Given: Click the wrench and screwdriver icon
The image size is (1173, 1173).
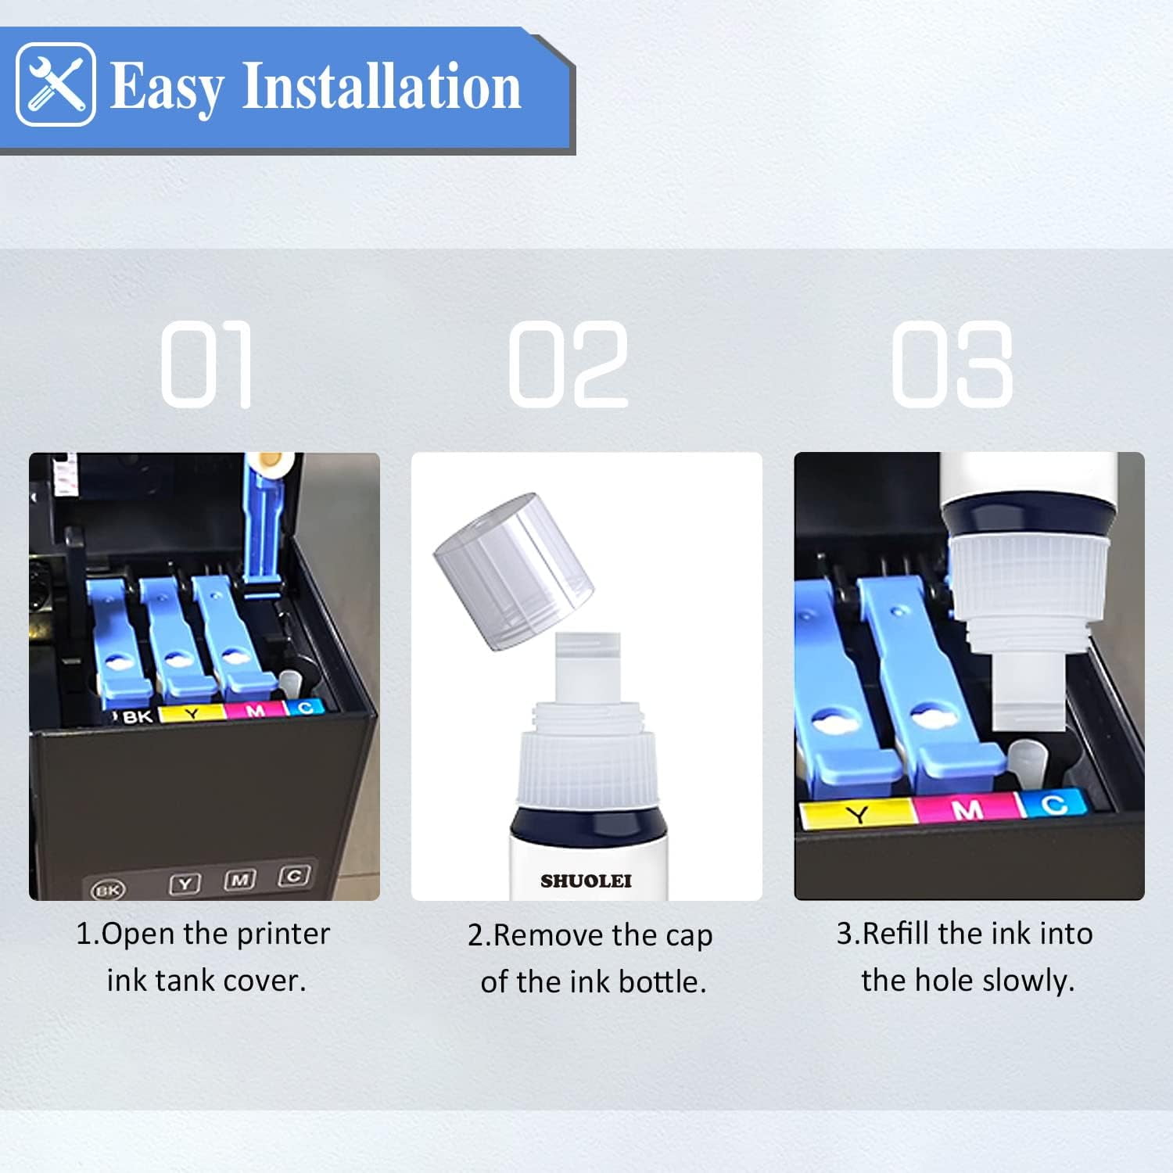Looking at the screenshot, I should pyautogui.click(x=56, y=84).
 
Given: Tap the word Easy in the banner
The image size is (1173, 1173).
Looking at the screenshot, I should pyautogui.click(x=167, y=88).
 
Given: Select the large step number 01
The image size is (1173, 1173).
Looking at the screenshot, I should pyautogui.click(x=206, y=364).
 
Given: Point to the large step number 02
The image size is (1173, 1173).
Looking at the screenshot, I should pyautogui.click(x=569, y=364).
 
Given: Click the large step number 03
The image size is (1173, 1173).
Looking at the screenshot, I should pyautogui.click(x=952, y=364).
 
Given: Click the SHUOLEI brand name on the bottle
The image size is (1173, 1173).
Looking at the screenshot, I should pyautogui.click(x=586, y=881).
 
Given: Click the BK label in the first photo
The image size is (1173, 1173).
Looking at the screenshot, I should pyautogui.click(x=138, y=716).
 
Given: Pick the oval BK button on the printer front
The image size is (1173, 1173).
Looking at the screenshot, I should pyautogui.click(x=107, y=890).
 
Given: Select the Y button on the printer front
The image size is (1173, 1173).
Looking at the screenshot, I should pyautogui.click(x=185, y=884).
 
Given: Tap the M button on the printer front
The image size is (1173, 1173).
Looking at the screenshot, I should pyautogui.click(x=240, y=880).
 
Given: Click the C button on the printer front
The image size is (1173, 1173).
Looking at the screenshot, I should pyautogui.click(x=294, y=876).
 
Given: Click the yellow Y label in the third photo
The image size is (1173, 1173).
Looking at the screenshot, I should pyautogui.click(x=857, y=814).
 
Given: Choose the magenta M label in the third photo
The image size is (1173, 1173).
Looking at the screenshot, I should pyautogui.click(x=967, y=809).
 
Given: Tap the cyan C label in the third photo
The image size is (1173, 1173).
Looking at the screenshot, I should pyautogui.click(x=1053, y=804).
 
